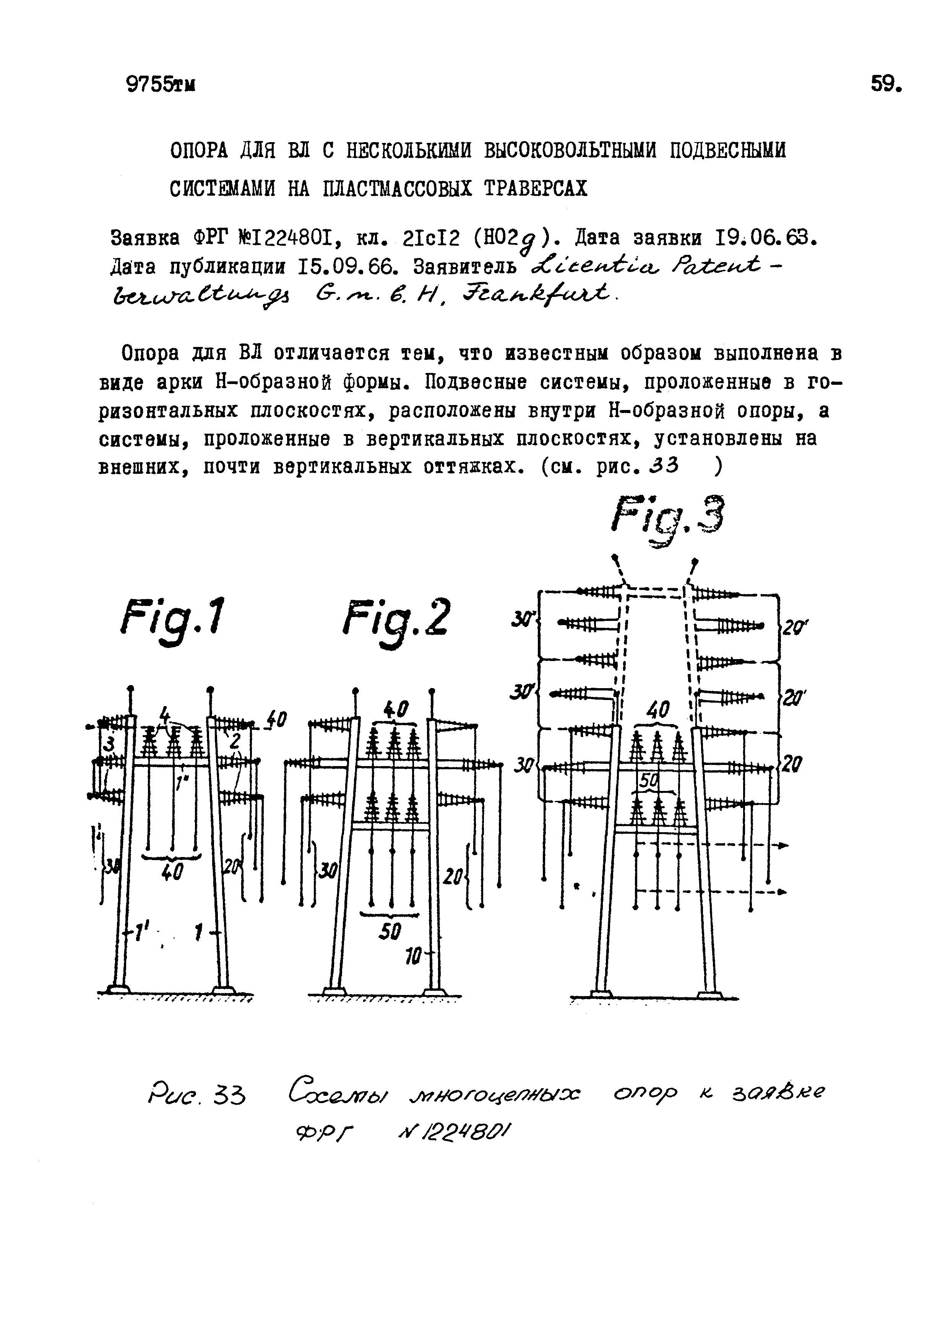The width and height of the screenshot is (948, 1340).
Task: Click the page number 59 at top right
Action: click(x=886, y=84)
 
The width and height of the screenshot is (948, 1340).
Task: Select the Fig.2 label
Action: click(x=398, y=617)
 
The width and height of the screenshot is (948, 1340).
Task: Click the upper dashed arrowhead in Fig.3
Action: click(x=782, y=845)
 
